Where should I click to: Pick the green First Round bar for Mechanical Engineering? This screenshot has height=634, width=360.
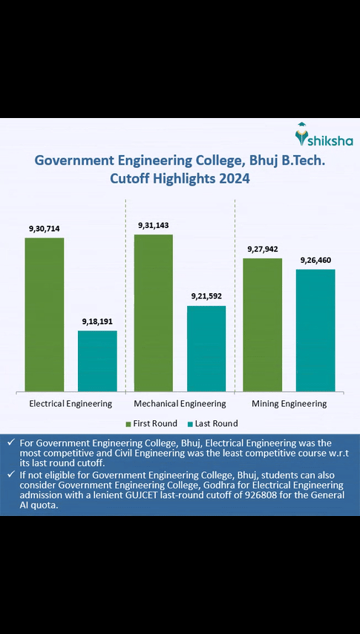click(154, 313)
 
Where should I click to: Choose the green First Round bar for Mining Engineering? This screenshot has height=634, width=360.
click(263, 324)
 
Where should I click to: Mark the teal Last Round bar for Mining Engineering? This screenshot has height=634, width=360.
click(315, 330)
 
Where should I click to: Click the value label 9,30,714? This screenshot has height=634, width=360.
click(45, 229)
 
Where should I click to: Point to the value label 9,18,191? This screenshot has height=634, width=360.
click(97, 321)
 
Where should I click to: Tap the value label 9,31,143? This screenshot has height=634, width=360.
click(154, 225)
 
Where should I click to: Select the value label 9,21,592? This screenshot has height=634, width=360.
click(206, 296)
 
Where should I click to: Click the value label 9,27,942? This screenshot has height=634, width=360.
click(263, 249)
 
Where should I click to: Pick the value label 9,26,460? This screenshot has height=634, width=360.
click(315, 261)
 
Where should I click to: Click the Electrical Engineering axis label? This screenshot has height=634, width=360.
click(71, 404)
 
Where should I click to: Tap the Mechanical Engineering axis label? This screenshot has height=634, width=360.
click(180, 404)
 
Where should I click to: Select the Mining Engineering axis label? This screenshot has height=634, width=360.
click(289, 404)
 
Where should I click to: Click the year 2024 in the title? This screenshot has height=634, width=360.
click(229, 179)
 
